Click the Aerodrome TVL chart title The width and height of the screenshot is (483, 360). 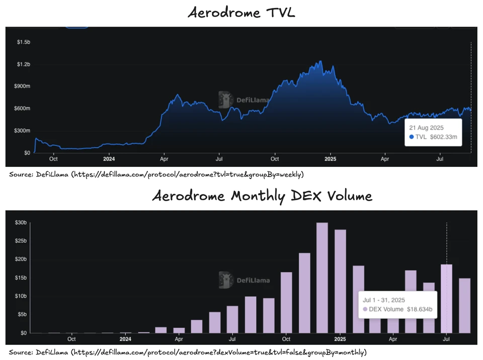tap(242, 13)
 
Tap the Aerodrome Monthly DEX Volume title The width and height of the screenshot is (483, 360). tap(262, 195)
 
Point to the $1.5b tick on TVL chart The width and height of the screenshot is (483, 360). tap(24, 42)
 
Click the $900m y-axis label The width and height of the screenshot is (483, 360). tap(22, 86)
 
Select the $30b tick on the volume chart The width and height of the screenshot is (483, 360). tap(21, 223)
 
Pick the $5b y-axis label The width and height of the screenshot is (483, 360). tap(21, 314)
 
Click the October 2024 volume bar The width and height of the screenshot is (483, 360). tap(286, 302)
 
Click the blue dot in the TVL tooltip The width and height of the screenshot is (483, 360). tap(412, 137)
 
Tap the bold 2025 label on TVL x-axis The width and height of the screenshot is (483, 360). tap(330, 159)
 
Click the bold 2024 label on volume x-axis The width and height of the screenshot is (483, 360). tap(126, 339)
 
